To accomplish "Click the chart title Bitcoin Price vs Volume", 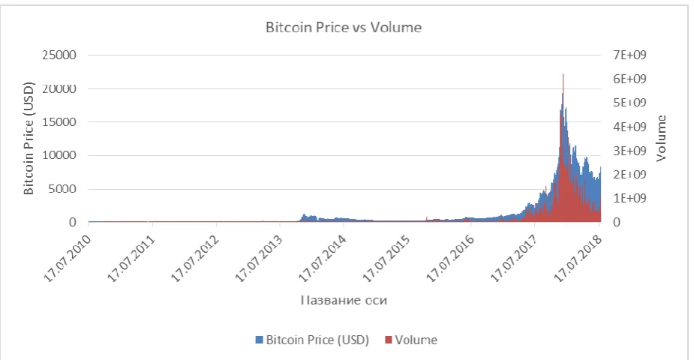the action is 344,28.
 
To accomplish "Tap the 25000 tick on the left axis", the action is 59,55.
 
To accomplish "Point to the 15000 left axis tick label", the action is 59,121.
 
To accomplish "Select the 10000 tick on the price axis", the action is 59,155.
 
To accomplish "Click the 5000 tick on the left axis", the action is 62,189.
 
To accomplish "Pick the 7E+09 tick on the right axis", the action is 629,55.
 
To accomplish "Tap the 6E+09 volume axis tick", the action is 629,79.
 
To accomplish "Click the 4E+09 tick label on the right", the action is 629,127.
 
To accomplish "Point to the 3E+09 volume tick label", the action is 629,151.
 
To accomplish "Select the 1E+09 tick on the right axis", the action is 629,198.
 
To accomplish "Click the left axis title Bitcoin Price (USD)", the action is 29,138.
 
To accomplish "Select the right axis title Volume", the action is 661,138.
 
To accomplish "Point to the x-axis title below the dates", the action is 344,300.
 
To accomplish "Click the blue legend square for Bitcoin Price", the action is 259,340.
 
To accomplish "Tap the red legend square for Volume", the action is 388,340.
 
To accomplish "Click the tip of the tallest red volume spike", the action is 563,73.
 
